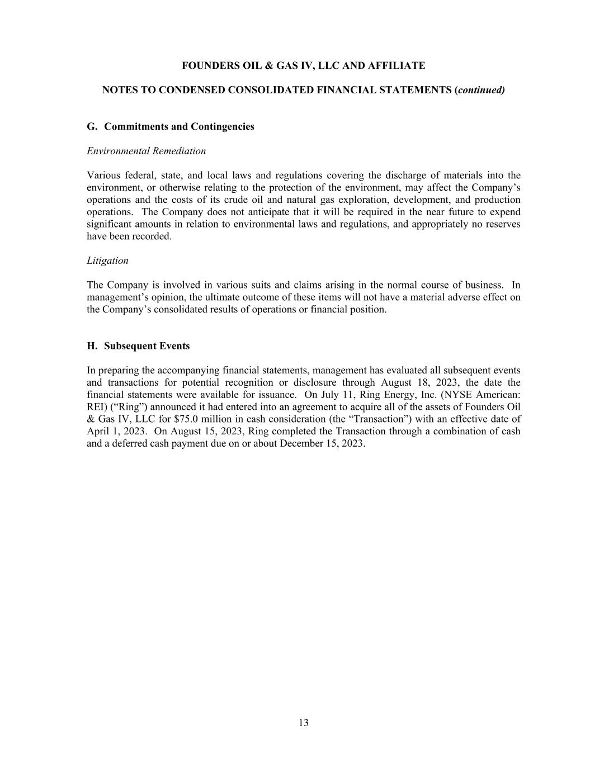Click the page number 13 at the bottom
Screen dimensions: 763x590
point(303,723)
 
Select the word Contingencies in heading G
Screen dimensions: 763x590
point(222,126)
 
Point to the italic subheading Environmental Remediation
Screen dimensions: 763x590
point(146,151)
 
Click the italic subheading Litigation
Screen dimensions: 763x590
point(107,260)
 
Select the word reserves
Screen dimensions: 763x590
point(502,224)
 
